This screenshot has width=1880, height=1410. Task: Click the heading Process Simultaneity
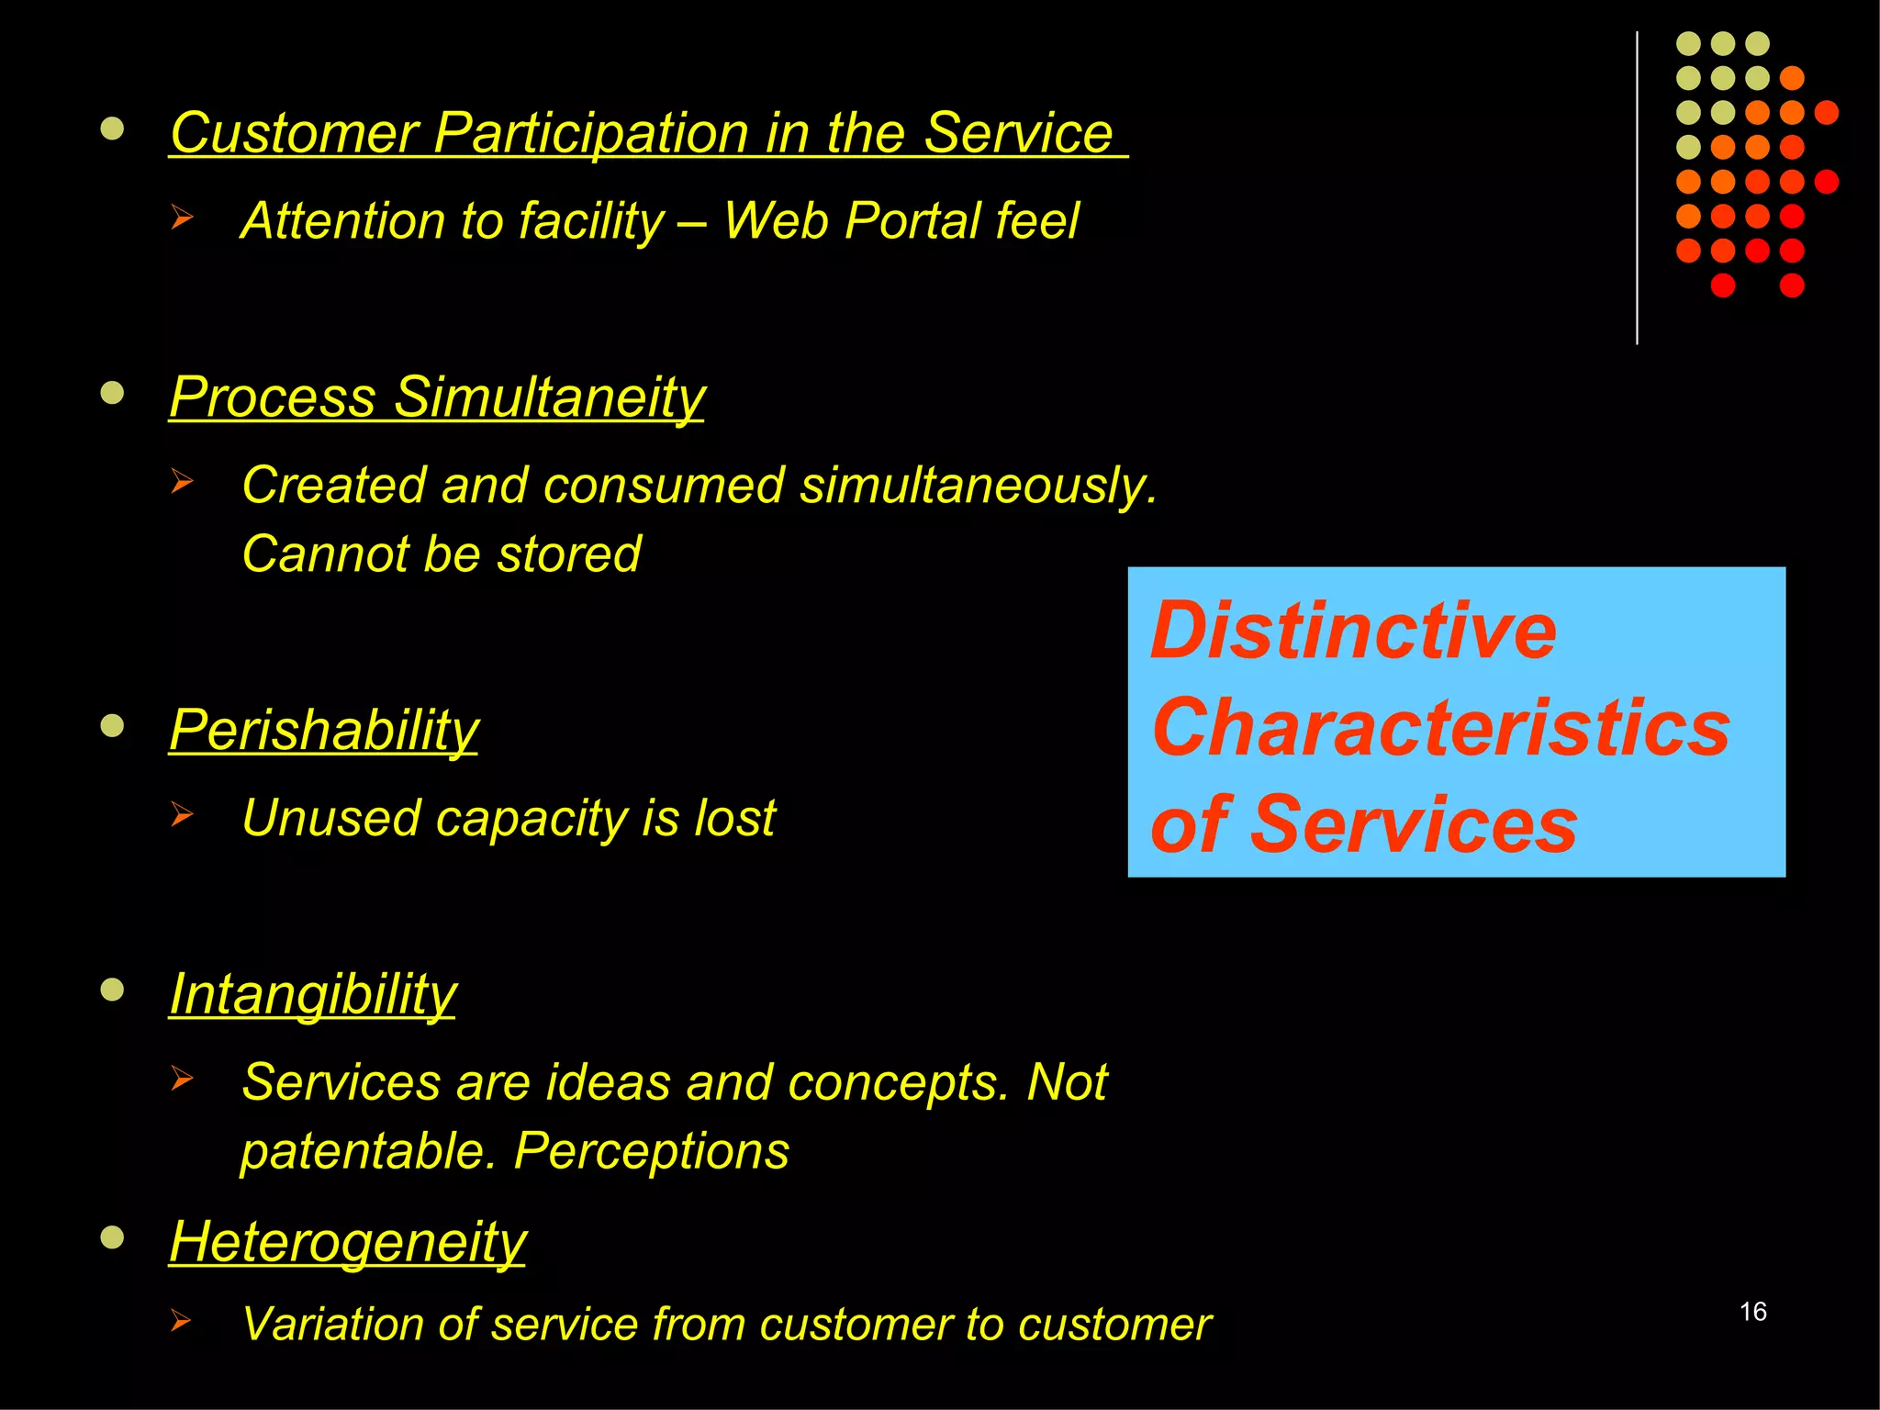click(437, 397)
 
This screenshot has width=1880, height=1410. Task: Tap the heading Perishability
click(323, 730)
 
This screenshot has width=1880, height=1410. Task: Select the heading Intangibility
click(312, 993)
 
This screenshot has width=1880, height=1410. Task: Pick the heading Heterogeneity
click(347, 1241)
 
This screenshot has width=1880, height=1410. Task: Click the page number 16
click(1752, 1311)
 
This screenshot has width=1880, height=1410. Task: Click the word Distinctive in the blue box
click(1353, 631)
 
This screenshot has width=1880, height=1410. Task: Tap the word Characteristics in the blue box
click(1440, 727)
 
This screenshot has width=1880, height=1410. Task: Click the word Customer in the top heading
click(294, 133)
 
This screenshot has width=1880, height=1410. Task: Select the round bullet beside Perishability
click(112, 726)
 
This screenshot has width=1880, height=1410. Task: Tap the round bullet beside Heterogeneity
click(112, 1237)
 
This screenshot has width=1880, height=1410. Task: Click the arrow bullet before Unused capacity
click(182, 814)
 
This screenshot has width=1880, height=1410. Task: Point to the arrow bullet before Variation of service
click(181, 1321)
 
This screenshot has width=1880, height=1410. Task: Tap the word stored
click(568, 554)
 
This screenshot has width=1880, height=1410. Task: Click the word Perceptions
click(651, 1151)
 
